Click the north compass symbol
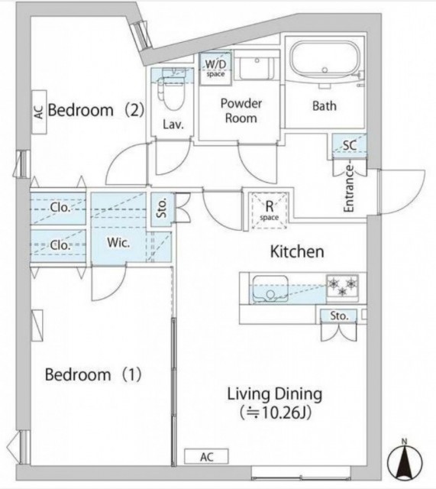[405, 461]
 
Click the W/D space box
[215, 69]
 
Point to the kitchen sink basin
[270, 289]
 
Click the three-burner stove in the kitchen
[342, 285]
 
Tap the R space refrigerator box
[269, 211]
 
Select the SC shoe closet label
[350, 145]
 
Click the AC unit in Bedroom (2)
[39, 112]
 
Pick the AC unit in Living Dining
[206, 457]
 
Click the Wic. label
[118, 243]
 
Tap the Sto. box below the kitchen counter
[339, 316]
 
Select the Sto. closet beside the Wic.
[161, 209]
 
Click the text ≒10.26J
[276, 413]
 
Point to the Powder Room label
[241, 111]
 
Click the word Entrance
[349, 189]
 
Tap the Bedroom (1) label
[93, 374]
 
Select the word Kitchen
[297, 251]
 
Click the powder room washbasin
[257, 69]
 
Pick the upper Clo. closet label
[60, 207]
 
